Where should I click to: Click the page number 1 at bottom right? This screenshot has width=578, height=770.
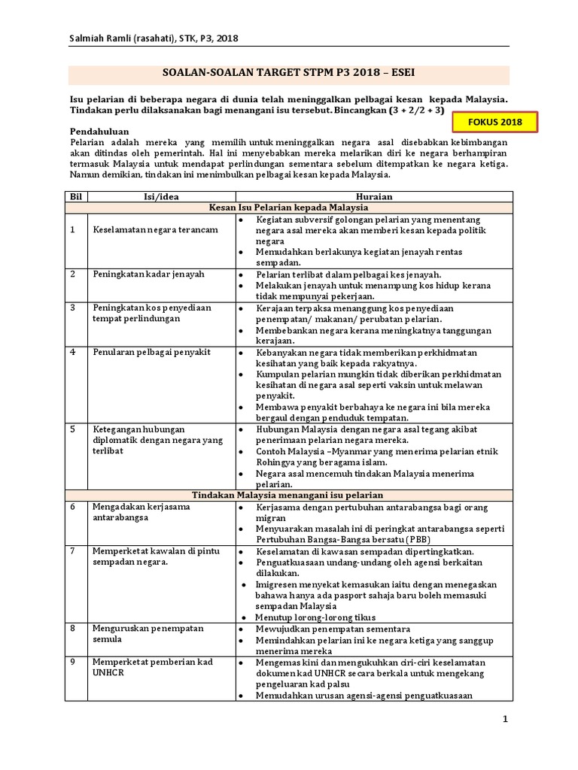pyautogui.click(x=506, y=720)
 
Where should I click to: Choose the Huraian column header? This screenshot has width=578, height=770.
pyautogui.click(x=370, y=196)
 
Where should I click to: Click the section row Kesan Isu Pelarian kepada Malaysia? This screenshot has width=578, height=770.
pyautogui.click(x=289, y=207)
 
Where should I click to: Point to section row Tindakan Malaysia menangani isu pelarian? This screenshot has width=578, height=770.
pyautogui.click(x=289, y=496)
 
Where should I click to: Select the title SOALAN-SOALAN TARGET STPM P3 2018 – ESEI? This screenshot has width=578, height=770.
pyautogui.click(x=289, y=75)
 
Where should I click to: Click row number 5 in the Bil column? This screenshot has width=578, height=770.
pyautogui.click(x=74, y=429)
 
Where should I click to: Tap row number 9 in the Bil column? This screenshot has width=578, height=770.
pyautogui.click(x=74, y=662)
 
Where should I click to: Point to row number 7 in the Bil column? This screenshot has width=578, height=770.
pyautogui.click(x=74, y=551)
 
